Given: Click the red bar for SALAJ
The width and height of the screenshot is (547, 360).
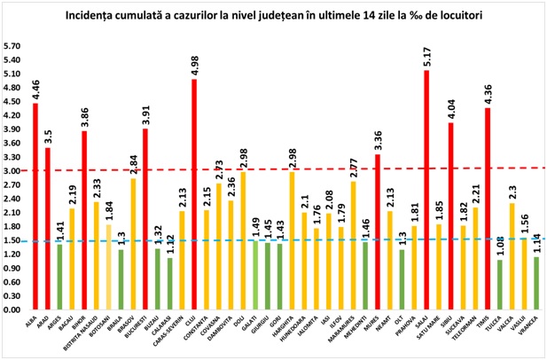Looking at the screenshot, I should point(426,191).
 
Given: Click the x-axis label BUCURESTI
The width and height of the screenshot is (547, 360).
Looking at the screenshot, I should point(142,332).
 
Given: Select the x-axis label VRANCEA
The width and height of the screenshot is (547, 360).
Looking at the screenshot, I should point(535,328).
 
